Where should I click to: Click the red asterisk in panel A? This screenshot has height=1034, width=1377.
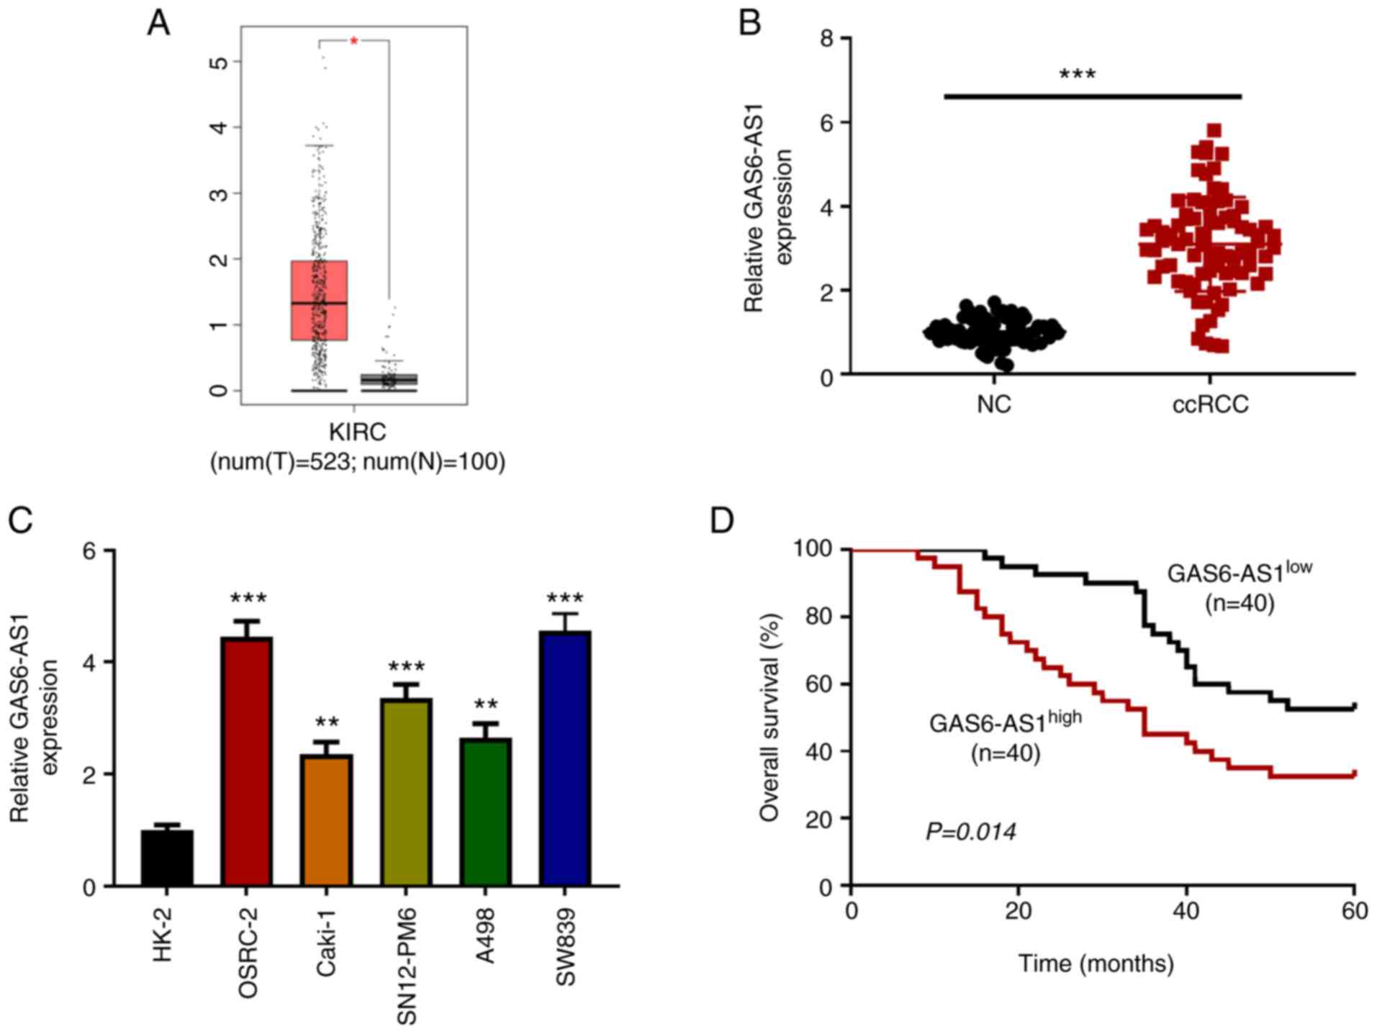[353, 42]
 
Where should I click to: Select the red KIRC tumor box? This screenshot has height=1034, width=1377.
[319, 300]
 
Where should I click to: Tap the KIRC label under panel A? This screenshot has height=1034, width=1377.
[357, 432]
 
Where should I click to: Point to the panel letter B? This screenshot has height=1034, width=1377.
[750, 23]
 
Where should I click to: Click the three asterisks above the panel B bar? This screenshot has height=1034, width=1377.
[1077, 75]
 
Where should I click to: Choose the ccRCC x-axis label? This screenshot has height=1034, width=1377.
[1210, 404]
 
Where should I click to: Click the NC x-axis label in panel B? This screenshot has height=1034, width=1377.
[994, 404]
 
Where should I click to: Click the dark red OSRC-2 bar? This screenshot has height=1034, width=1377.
[247, 761]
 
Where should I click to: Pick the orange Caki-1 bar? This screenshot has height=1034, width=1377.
[327, 820]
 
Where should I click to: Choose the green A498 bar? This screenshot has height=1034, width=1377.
[486, 812]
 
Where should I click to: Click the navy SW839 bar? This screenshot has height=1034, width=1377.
[566, 758]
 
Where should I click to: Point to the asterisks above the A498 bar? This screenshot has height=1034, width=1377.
[486, 704]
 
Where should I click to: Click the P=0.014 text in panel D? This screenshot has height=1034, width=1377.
[970, 833]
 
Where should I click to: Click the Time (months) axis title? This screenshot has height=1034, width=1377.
[1096, 963]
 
